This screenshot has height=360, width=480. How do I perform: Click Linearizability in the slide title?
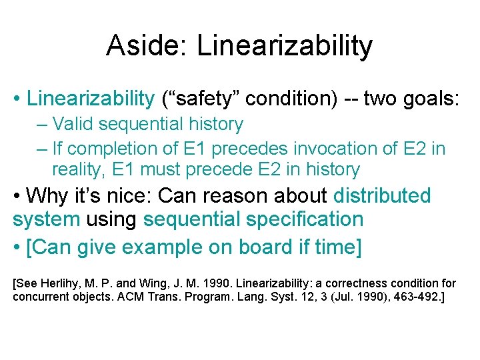(285, 46)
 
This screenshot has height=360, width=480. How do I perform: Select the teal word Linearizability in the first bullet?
(90, 99)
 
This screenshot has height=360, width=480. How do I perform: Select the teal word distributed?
(382, 196)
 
